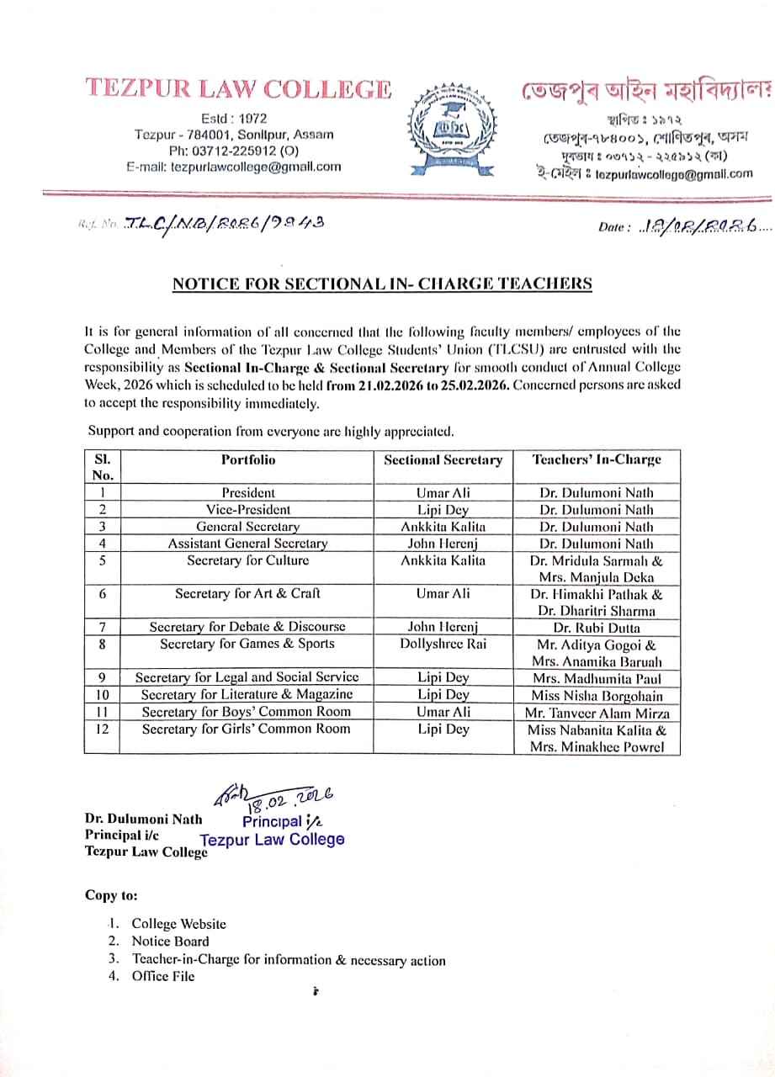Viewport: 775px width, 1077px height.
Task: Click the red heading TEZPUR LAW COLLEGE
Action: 238,89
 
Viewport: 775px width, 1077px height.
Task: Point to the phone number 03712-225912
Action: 223,151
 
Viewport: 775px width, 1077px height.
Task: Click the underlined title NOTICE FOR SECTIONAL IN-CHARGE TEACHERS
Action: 382,284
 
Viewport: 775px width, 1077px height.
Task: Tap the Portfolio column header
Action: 248,459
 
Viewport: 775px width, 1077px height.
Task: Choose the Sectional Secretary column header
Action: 443,460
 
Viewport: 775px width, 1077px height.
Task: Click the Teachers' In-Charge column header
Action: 597,459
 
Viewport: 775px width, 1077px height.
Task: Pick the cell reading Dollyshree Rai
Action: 443,644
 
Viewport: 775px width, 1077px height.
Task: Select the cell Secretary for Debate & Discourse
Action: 247,627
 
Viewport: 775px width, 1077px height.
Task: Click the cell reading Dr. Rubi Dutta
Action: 597,628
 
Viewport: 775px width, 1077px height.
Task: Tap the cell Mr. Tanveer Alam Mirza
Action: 597,713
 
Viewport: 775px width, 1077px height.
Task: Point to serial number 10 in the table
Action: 102,695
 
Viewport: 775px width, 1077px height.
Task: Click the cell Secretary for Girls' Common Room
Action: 247,729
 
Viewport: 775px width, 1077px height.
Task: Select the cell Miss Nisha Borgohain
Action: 597,696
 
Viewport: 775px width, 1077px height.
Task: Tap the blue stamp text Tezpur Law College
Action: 272,839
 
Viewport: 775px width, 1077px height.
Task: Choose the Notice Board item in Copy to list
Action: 170,942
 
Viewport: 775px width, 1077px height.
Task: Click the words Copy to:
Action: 111,895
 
